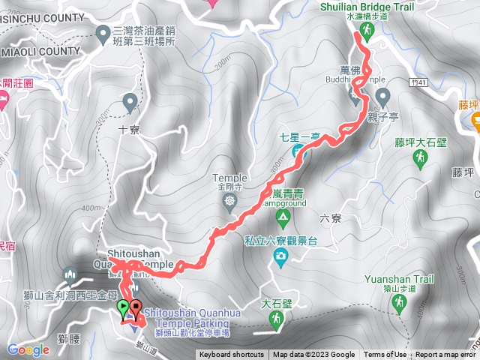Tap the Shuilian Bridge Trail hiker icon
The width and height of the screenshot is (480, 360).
coord(367,31)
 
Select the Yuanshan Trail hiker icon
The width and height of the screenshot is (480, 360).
coord(398,302)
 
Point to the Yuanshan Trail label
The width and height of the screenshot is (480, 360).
coord(399,279)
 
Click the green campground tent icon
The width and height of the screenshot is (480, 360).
coord(283,219)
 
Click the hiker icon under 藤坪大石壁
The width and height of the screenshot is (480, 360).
coord(421,157)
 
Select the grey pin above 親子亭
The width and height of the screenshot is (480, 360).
coord(382,96)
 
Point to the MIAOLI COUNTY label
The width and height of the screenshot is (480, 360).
coord(41,50)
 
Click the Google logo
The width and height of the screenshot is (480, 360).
coord(28,349)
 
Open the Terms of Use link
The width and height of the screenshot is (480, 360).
coord(385,355)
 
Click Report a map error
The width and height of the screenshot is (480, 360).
coord(446,355)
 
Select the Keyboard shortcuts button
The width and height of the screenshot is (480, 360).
coord(231,355)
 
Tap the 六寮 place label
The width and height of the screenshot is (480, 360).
coord(330,219)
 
